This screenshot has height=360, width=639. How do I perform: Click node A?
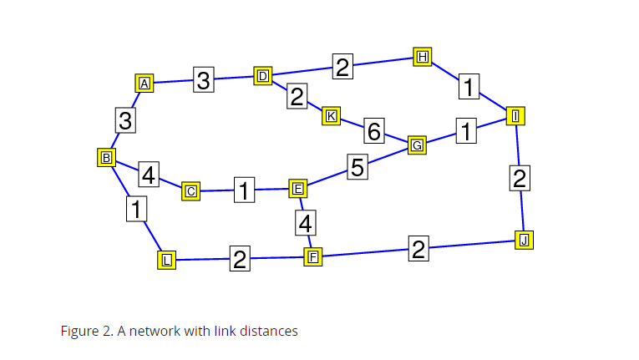point(145,84)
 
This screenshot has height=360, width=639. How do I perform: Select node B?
point(107,157)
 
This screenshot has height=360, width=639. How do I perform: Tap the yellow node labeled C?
point(191,191)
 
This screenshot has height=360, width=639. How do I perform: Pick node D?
point(263,77)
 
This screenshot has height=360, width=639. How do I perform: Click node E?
point(297,189)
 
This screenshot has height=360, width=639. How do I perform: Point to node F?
point(313,256)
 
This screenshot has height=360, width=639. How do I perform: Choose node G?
point(417,145)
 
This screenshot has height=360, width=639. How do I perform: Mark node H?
point(423,57)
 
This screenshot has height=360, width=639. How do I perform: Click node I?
point(516,116)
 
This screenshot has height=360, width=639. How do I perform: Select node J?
point(524,241)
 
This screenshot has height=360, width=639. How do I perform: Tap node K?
point(331,116)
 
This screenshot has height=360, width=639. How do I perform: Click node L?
point(167,260)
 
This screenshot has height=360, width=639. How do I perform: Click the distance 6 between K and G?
point(373,131)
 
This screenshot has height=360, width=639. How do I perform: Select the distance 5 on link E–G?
point(358,167)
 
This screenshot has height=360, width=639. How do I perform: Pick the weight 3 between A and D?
point(204,80)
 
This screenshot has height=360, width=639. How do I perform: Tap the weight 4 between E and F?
point(306,223)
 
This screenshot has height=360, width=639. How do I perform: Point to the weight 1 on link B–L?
point(136,208)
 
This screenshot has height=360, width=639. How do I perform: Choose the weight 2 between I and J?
point(520,179)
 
